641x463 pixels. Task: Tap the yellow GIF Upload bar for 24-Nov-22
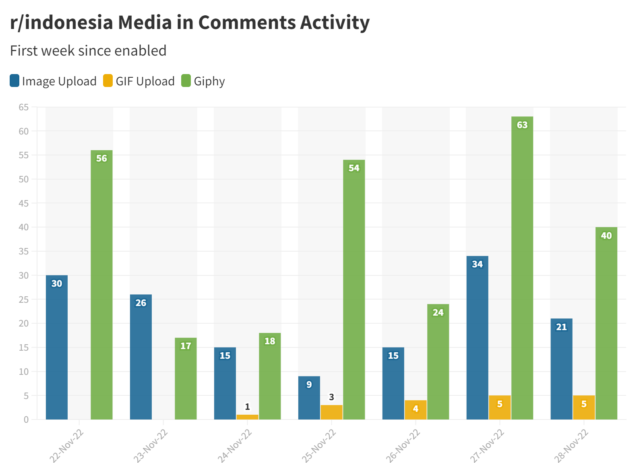[x=247, y=417]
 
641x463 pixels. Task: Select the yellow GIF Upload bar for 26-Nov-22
[x=416, y=410]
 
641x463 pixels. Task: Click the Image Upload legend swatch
[x=15, y=81]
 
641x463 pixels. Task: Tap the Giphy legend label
[x=209, y=81]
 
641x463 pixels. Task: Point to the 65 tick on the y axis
[x=24, y=107]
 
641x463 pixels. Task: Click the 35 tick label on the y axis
[x=24, y=251]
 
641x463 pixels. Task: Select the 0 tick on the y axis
[x=26, y=420]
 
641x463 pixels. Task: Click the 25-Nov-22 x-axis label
[x=318, y=446]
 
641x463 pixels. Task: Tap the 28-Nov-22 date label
[x=571, y=446]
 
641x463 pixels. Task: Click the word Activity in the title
[x=335, y=23]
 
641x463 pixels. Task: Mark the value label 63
[x=522, y=125]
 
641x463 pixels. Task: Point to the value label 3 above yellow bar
[x=331, y=397]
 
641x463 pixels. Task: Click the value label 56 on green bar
[x=101, y=158]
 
